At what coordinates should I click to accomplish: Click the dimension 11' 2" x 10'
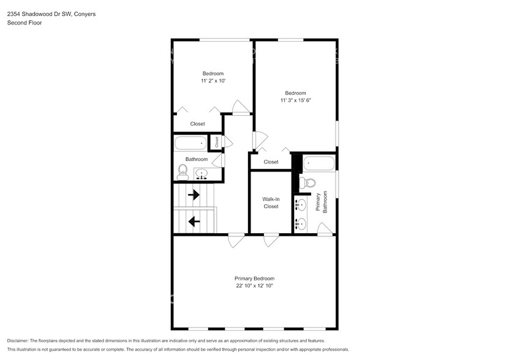pyautogui.click(x=213, y=81)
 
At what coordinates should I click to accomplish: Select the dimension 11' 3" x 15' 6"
pyautogui.click(x=295, y=100)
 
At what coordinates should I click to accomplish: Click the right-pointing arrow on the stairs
pyautogui.click(x=194, y=195)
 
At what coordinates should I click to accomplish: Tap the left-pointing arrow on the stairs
pyautogui.click(x=194, y=221)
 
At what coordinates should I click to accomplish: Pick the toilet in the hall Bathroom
pyautogui.click(x=183, y=171)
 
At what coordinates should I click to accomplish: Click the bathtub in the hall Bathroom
pyautogui.click(x=191, y=144)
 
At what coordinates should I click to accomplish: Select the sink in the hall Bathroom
pyautogui.click(x=202, y=174)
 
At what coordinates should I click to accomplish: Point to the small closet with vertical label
pyautogui.click(x=216, y=141)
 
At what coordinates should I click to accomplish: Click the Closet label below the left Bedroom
pyautogui.click(x=197, y=124)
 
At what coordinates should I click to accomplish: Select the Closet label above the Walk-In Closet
pyautogui.click(x=271, y=162)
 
